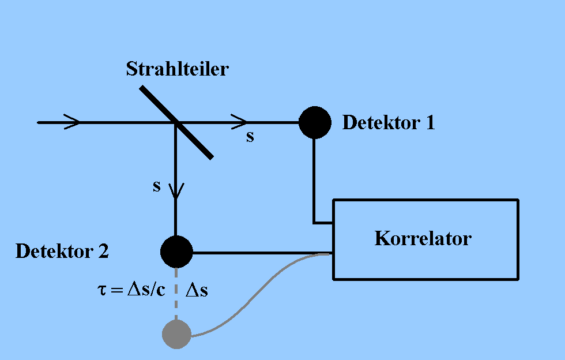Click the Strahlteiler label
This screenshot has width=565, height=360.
click(x=178, y=69)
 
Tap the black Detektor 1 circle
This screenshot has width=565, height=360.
click(x=315, y=122)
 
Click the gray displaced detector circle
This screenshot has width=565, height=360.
click(x=176, y=334)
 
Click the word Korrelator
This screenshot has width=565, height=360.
click(x=423, y=238)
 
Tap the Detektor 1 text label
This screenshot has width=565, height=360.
click(x=389, y=122)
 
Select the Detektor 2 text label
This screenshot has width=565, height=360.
click(x=62, y=252)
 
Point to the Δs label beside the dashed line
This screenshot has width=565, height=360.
click(x=196, y=291)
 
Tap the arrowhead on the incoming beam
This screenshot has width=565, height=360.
click(x=73, y=122)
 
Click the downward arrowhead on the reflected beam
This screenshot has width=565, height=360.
click(x=176, y=190)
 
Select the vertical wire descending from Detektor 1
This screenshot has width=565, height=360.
click(x=314, y=179)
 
